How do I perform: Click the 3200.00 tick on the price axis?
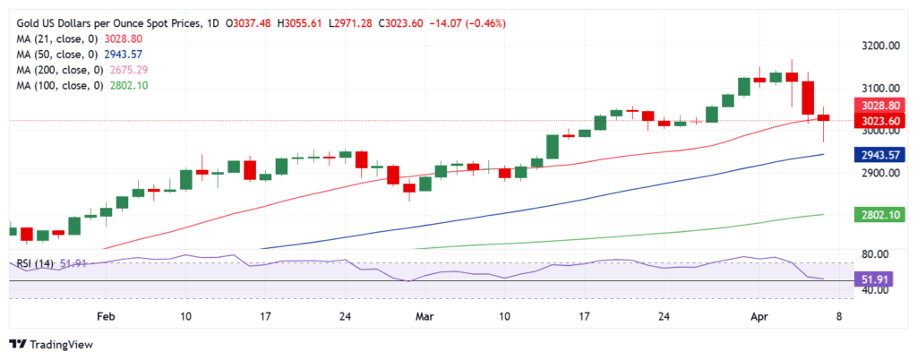pyautogui.click(x=881, y=45)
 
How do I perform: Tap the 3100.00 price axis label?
pyautogui.click(x=881, y=88)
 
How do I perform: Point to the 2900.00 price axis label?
pyautogui.click(x=881, y=173)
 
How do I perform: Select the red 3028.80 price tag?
pyautogui.click(x=881, y=105)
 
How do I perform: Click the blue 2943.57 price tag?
pyautogui.click(x=881, y=154)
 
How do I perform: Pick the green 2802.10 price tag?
pyautogui.click(x=881, y=215)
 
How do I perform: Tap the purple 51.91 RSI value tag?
pyautogui.click(x=881, y=280)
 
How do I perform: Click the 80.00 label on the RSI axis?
pyautogui.click(x=879, y=254)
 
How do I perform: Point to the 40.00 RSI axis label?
pyautogui.click(x=879, y=291)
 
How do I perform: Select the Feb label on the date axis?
pyautogui.click(x=106, y=316)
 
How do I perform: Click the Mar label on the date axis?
pyautogui.click(x=424, y=316)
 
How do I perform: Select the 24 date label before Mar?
pyautogui.click(x=344, y=316)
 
